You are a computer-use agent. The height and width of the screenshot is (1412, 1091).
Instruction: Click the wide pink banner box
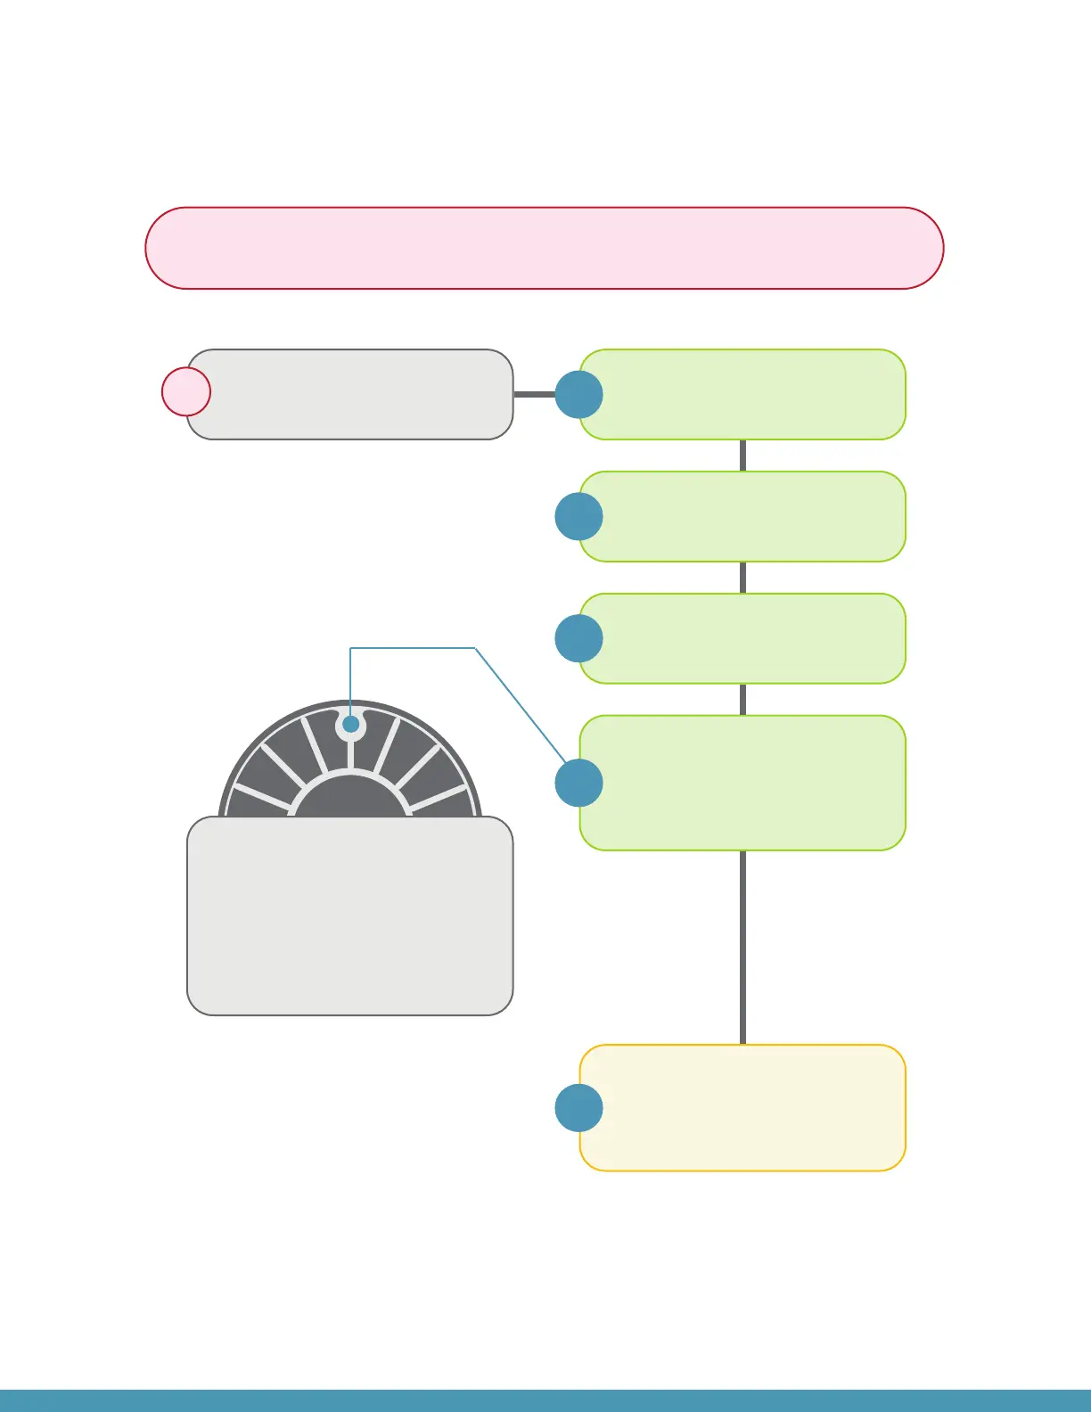point(544,248)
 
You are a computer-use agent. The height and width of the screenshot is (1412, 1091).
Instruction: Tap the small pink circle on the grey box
point(186,391)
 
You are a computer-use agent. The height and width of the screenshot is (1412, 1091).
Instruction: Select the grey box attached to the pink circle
point(357,394)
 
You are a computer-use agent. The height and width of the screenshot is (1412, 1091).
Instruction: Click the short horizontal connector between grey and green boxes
point(534,394)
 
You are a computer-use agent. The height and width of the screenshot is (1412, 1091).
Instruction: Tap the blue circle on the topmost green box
point(578,395)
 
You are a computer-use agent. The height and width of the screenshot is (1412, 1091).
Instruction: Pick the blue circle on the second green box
point(578,517)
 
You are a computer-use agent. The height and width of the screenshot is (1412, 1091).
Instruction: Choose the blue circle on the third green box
point(578,638)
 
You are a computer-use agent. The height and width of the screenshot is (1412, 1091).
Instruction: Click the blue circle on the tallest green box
point(578,783)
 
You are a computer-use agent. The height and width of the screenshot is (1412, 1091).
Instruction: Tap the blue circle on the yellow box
point(578,1108)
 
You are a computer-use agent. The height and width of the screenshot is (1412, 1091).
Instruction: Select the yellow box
point(749,1108)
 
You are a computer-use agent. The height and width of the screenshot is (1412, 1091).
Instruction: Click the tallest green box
point(749,783)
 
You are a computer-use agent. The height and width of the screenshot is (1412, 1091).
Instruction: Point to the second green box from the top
point(749,517)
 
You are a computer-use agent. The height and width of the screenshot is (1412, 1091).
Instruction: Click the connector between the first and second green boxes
point(742,456)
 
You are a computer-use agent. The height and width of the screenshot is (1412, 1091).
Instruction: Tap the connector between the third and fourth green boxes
point(742,699)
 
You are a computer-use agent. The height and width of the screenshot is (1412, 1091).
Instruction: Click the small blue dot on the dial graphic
point(351,725)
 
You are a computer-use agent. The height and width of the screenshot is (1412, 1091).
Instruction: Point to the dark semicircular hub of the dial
point(351,799)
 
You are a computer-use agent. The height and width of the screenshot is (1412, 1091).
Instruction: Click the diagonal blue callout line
point(521,704)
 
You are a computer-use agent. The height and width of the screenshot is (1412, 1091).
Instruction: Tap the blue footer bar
point(545,1400)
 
